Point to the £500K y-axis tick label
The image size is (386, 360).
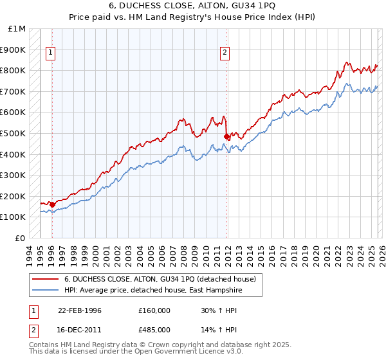(14, 134)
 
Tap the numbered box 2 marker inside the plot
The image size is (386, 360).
(225, 53)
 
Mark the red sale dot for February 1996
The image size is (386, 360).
(52, 204)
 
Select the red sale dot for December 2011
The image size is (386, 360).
(226, 136)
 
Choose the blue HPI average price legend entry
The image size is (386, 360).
(154, 291)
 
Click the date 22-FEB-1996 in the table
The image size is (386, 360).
(80, 310)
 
